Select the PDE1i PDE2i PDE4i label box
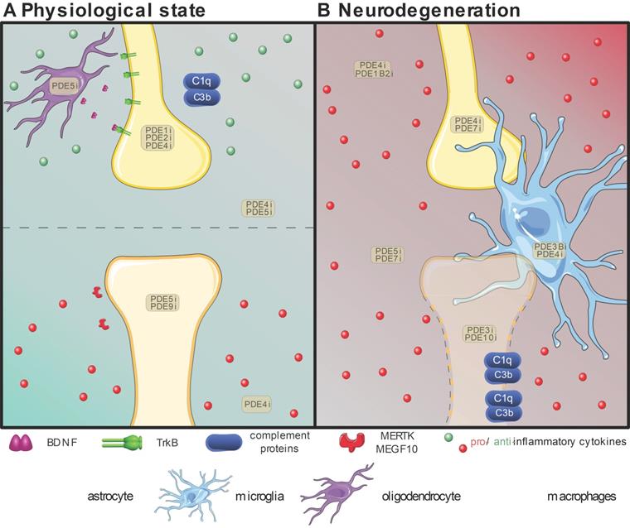coord(157,137)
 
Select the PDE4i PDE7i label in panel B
coord(468,125)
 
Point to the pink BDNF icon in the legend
coord(22,444)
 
